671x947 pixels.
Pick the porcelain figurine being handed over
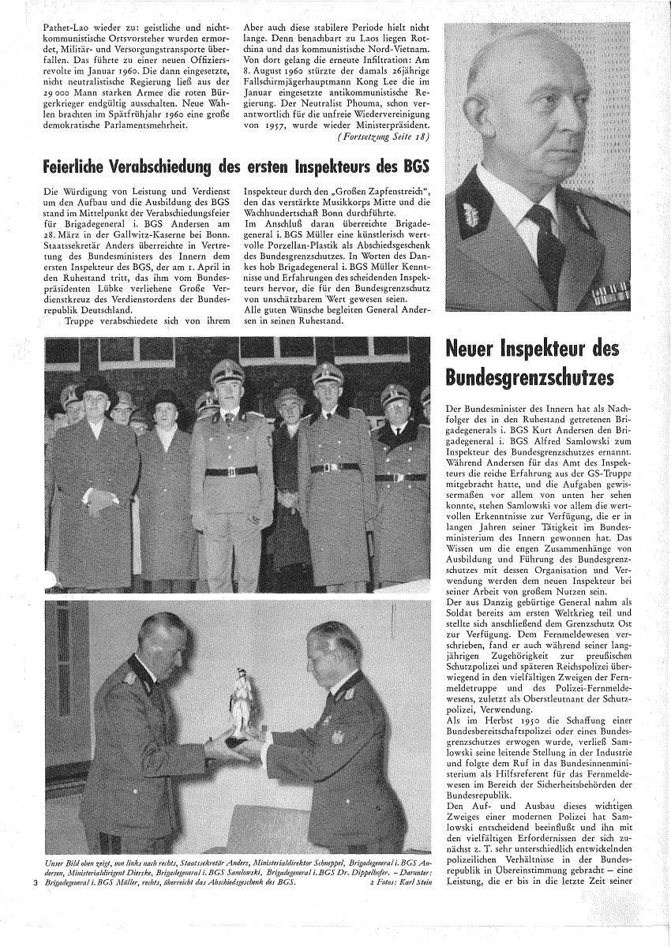point(236,695)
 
